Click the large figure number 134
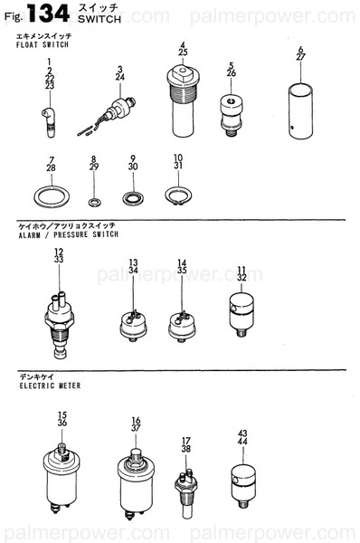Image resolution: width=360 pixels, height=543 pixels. pyautogui.click(x=49, y=14)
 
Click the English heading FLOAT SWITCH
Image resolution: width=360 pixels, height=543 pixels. pyautogui.click(x=43, y=44)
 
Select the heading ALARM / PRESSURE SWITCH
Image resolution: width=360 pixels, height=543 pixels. pyautogui.click(x=68, y=234)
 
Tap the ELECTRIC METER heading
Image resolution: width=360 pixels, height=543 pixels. pyautogui.click(x=50, y=386)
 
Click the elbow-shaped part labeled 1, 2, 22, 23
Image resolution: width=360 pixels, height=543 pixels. pyautogui.click(x=49, y=122)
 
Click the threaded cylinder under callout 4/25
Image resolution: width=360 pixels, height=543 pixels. pyautogui.click(x=183, y=101)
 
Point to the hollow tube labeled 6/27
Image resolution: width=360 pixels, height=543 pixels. pyautogui.click(x=300, y=111)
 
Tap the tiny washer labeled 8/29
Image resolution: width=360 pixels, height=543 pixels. pyautogui.click(x=94, y=202)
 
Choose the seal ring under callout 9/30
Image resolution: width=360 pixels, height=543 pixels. pyautogui.click(x=133, y=198)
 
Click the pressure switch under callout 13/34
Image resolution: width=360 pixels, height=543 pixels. pyautogui.click(x=133, y=326)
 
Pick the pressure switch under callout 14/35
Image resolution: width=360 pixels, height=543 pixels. pyautogui.click(x=182, y=327)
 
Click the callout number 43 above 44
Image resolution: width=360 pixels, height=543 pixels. pyautogui.click(x=242, y=433)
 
